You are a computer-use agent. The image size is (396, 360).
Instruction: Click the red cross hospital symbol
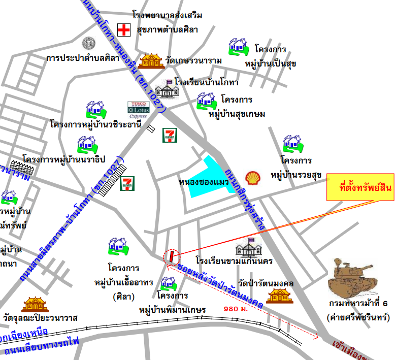(124, 29)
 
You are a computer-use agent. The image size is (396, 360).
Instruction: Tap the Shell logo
(252, 177)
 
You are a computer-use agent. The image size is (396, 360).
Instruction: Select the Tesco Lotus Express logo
(138, 110)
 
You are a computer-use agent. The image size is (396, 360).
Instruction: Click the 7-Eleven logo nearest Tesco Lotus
(169, 136)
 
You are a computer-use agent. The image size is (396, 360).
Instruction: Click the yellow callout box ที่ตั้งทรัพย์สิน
(359, 187)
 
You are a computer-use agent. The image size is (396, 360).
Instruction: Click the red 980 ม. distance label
(236, 308)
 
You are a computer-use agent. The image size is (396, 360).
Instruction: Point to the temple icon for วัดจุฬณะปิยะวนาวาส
(35, 305)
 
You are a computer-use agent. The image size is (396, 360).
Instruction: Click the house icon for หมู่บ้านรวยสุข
(292, 144)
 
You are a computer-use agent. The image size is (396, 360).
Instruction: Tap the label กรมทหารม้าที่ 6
(357, 304)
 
